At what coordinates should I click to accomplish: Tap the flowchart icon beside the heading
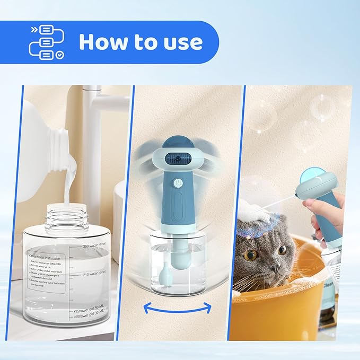tap(46, 42)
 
